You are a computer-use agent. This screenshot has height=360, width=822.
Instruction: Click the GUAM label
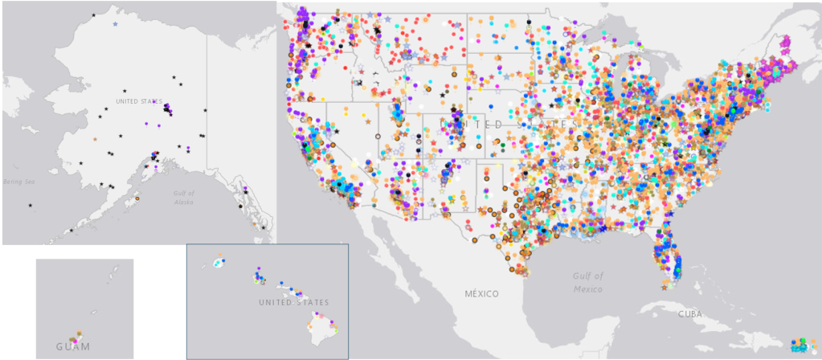tap(73, 346)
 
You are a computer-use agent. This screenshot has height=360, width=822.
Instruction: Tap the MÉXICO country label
tap(481, 293)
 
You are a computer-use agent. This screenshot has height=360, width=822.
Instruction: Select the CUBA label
tap(690, 313)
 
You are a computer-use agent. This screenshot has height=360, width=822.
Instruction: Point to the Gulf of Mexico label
tap(588, 282)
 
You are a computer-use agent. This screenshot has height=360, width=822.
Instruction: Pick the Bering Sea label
tap(16, 181)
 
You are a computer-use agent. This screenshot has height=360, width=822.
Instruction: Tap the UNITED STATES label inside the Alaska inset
tap(138, 101)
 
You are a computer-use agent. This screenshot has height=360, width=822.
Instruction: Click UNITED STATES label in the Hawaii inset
tap(293, 302)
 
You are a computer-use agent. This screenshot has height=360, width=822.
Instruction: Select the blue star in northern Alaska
tap(116, 24)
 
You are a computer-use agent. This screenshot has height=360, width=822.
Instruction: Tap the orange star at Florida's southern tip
tap(665, 287)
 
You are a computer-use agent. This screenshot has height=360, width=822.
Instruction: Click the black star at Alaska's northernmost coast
tap(94, 15)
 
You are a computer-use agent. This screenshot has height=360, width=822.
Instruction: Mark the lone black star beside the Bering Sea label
tap(31, 207)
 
